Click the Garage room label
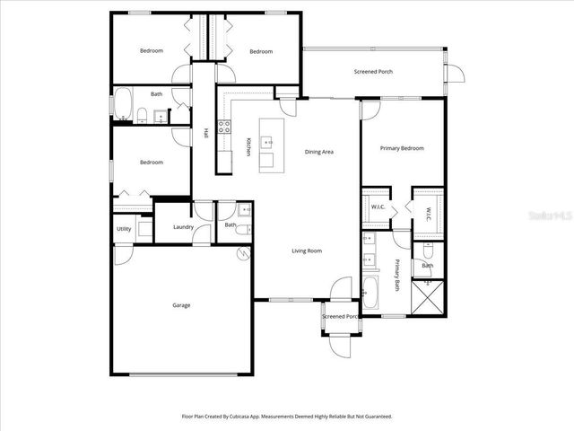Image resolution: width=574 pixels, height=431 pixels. coord(181,305)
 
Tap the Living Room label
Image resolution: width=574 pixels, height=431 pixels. coord(307,251)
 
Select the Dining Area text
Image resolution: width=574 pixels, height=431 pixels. coord(319,152)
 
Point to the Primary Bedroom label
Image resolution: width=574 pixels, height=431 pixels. coord(402,148)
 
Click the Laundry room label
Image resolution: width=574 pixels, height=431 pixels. coord(185,226)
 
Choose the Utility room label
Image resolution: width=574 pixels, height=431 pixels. coord(124,229)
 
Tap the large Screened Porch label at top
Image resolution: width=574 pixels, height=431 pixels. coord(373,72)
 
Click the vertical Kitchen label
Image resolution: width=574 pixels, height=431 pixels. coord(248,145)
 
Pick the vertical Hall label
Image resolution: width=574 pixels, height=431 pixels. coord(205,133)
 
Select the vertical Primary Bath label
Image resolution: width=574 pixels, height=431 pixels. coord(397,275)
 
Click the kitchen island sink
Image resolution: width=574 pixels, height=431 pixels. coord(267,141)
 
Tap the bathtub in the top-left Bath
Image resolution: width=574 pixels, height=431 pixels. coord(123,103)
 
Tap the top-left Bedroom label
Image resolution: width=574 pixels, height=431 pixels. coord(152,51)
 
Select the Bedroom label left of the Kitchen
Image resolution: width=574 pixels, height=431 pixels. coord(151,163)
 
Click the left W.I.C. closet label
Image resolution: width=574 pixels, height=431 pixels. coord(378,207)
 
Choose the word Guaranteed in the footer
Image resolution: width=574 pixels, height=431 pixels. coord(372,417)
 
